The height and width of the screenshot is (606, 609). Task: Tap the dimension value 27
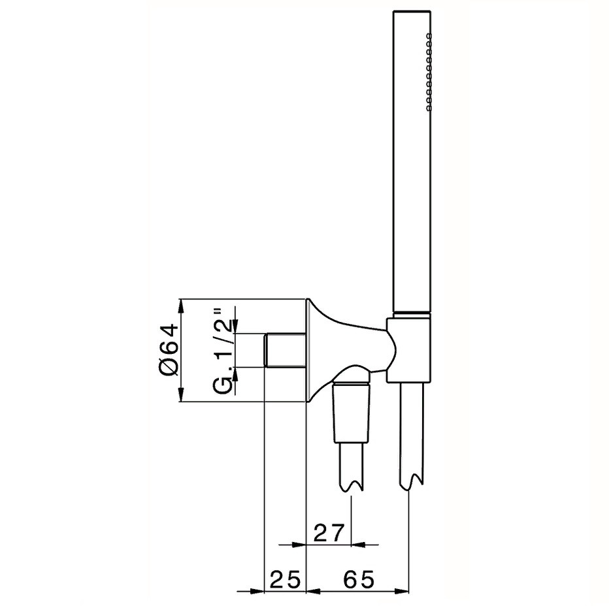(x=329, y=534)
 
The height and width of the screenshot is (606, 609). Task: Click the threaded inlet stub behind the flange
(x=285, y=349)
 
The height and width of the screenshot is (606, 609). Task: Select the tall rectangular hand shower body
(x=412, y=161)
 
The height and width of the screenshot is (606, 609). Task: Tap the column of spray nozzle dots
(x=429, y=72)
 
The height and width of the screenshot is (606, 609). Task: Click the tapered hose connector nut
(x=351, y=412)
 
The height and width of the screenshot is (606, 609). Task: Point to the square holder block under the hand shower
(x=408, y=350)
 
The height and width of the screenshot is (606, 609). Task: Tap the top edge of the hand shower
(x=412, y=11)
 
